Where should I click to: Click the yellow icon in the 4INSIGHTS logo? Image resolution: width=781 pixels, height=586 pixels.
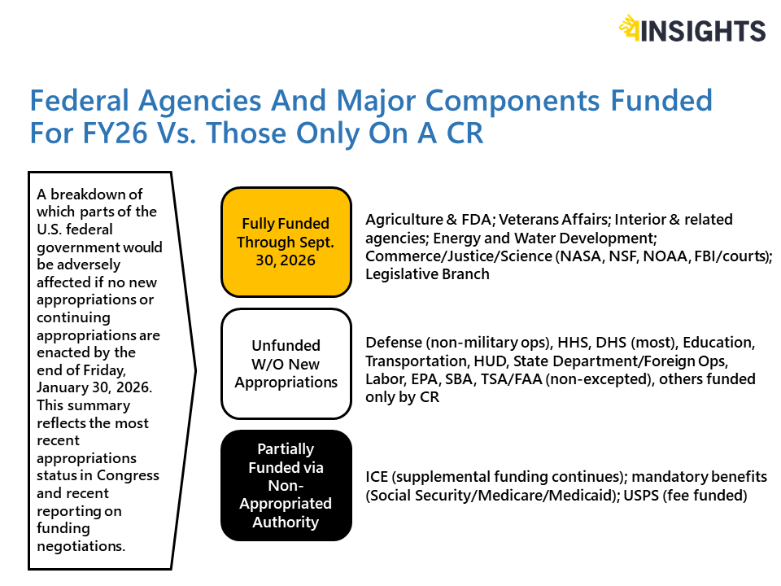click(x=630, y=28)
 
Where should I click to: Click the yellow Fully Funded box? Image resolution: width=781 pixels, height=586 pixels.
click(x=286, y=242)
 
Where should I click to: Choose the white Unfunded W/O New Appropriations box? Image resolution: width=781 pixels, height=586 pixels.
click(x=286, y=363)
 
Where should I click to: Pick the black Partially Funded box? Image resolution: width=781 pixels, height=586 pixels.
click(x=286, y=485)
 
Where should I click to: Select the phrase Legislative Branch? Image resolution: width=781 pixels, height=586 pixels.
click(x=427, y=274)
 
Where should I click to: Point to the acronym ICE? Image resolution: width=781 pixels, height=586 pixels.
click(x=377, y=477)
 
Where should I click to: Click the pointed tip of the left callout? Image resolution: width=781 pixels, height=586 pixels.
click(x=194, y=370)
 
